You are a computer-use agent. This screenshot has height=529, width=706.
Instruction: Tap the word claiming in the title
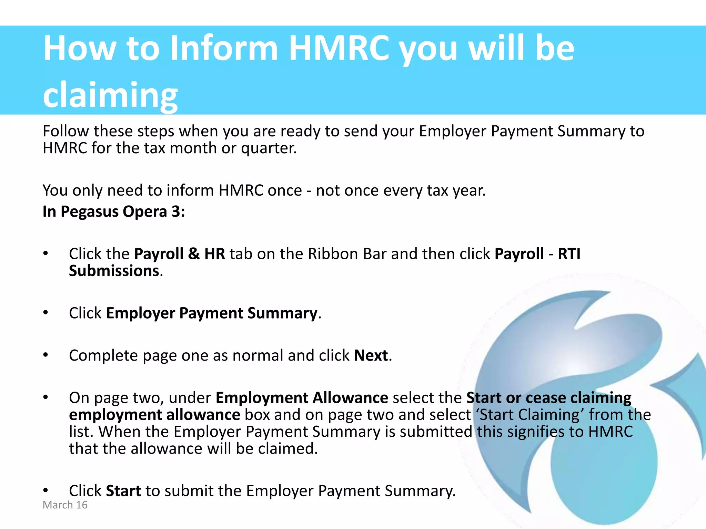point(110,95)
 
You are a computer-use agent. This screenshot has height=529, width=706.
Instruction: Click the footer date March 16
point(65,505)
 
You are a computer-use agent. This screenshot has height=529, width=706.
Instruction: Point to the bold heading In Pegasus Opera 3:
point(114,211)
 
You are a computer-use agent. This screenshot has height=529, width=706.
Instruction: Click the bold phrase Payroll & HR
point(179,254)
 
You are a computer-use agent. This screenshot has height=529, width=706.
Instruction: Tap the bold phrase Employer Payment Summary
point(212,313)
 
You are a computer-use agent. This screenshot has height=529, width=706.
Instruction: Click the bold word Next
point(371,355)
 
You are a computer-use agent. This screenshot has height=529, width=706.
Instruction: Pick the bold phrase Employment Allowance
point(302,398)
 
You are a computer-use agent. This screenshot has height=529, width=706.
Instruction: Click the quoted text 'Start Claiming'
point(529,415)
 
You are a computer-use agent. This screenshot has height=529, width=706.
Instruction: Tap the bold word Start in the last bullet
point(123,491)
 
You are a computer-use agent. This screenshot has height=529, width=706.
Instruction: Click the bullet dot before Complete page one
point(46,355)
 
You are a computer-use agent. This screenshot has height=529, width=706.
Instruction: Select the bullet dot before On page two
point(46,397)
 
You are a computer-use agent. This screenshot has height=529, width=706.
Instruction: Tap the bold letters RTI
point(569,254)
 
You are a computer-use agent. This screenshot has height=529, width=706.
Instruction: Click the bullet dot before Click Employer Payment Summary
point(46,313)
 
